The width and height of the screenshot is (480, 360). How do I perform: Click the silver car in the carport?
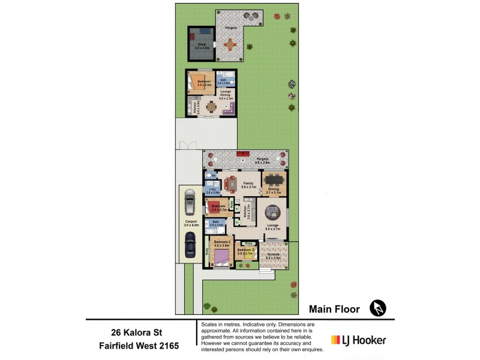coord(189,202)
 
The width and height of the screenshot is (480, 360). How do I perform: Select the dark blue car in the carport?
coord(190,243)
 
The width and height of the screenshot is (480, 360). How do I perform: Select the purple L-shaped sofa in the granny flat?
coord(229,109)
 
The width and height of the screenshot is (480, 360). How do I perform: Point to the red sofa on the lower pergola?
coord(245,154)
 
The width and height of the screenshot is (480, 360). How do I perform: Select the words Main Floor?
coord(334,310)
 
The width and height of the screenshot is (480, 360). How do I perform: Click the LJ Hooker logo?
coord(359,340)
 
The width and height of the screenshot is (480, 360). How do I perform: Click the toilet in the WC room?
coord(208,177)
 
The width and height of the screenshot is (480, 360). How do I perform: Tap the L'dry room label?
coord(211,190)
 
